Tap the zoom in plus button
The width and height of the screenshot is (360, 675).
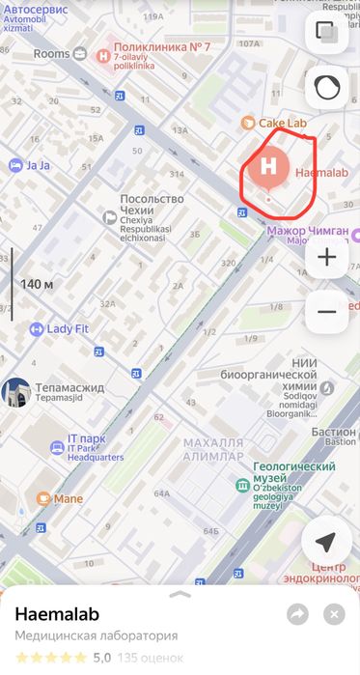326,257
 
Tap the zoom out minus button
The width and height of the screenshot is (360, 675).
326,311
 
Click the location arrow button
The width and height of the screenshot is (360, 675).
326,542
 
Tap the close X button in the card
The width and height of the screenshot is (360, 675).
334,614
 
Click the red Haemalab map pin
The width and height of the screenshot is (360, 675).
268,167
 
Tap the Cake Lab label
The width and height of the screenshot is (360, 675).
282,123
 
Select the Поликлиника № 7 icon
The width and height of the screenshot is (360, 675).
104,53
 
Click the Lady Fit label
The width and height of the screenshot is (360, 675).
67,329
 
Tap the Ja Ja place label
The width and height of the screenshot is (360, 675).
38,165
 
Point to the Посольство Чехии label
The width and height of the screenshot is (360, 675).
152,200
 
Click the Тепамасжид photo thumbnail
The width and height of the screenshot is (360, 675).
14,392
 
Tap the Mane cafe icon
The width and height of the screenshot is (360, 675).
43,498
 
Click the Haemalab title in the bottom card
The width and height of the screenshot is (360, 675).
58,614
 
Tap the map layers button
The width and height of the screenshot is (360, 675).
326,31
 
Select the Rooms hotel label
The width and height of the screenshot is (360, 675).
52,53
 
